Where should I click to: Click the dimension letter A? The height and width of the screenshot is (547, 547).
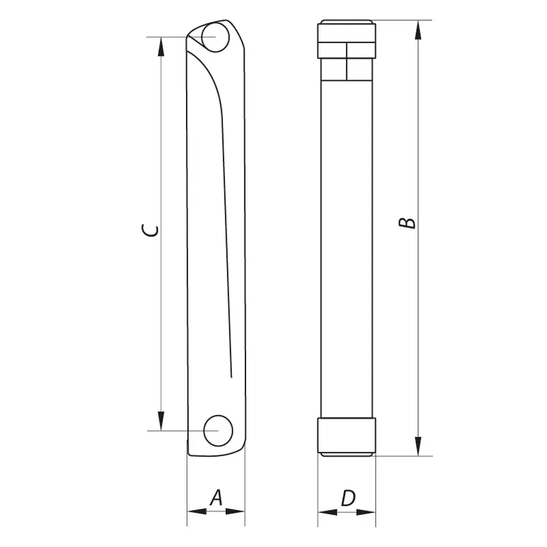[216, 498]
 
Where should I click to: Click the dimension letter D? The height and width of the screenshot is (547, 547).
[348, 498]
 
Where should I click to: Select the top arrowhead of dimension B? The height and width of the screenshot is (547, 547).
[418, 30]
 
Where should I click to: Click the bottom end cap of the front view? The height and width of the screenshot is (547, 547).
[346, 436]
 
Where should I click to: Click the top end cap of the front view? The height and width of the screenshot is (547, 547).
[346, 40]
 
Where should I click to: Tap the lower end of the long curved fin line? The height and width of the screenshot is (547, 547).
[231, 376]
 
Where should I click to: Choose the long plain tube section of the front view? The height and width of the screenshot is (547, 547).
[346, 243]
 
